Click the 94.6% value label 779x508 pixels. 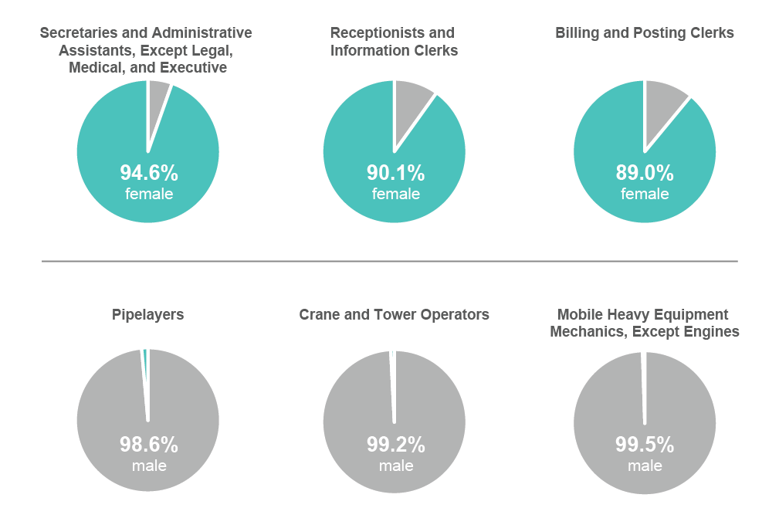pos(148,172)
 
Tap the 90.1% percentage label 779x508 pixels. pos(395,172)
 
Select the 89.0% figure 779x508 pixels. pos(645,172)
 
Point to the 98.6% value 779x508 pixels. pos(148,445)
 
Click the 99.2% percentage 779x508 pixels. pos(395,445)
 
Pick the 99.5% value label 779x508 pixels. pos(645,445)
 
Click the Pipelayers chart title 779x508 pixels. pos(147,314)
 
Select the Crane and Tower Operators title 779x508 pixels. pos(394,314)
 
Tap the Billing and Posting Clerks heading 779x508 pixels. pos(644,32)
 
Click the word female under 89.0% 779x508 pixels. pos(645,194)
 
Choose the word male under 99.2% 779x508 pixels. pos(395,466)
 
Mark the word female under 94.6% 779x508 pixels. pos(148,194)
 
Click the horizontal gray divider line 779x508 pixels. pos(389,261)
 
